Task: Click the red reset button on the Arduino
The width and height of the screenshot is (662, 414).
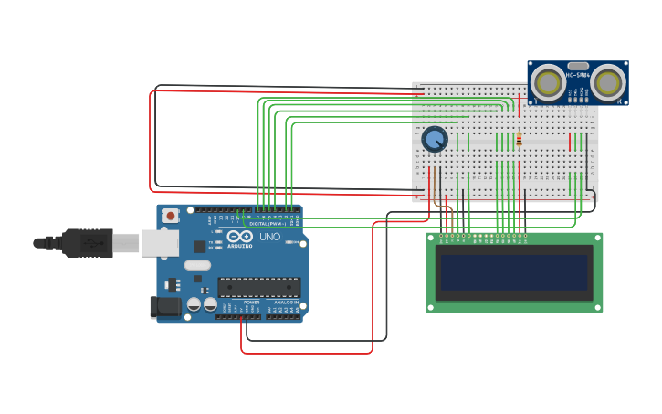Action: point(171,216)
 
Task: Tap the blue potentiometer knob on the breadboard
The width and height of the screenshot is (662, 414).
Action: point(435,139)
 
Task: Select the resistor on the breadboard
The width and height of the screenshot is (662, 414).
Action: point(519,140)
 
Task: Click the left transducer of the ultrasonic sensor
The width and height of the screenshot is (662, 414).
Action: point(550,83)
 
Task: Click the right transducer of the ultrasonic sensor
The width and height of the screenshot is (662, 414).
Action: point(608,83)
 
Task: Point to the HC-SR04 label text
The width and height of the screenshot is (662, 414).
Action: point(578,75)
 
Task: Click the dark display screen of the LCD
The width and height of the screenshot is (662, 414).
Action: point(514,272)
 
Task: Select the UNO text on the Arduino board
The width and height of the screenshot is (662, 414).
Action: point(270,237)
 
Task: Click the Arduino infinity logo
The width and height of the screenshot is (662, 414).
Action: point(240,237)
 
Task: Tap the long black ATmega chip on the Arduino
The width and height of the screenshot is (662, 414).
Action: point(258,287)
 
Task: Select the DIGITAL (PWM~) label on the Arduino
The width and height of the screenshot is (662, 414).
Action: point(268,223)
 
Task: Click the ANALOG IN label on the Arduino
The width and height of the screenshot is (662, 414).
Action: point(286,303)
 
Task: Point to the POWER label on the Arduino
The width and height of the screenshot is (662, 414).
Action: point(251,303)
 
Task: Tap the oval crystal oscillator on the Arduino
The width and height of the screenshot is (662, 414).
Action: point(196,265)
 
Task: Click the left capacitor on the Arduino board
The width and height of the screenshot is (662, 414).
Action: point(194,304)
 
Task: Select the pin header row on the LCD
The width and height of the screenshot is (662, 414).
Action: point(483,237)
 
